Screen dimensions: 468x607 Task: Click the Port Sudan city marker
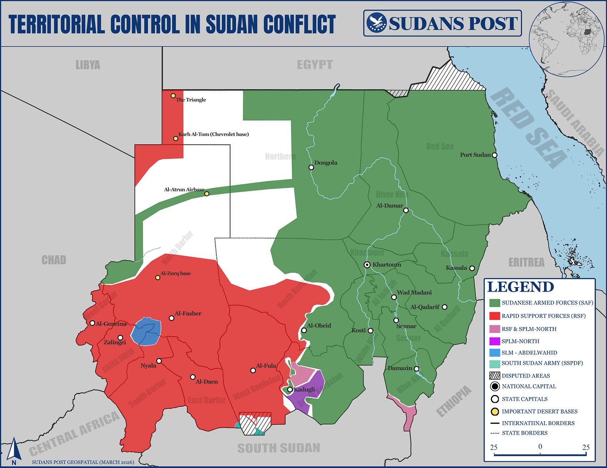click(494, 155)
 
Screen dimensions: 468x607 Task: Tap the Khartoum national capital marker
click(367, 265)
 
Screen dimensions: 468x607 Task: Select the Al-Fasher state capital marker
click(171, 318)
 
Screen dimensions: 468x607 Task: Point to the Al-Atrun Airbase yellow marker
click(207, 194)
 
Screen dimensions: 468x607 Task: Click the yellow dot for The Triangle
click(173, 96)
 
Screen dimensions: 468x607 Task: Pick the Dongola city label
click(326, 163)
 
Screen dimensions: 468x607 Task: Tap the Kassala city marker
click(472, 268)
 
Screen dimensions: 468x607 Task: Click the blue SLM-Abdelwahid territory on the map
click(146, 331)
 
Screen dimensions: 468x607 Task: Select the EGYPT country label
click(315, 65)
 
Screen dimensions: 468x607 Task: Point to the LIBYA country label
click(88, 65)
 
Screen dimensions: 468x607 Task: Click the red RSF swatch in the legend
click(494, 316)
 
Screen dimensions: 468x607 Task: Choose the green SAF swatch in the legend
click(494, 303)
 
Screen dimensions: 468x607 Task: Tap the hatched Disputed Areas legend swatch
click(494, 375)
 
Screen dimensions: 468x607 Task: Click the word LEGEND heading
click(520, 287)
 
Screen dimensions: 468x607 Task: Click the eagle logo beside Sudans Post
click(376, 23)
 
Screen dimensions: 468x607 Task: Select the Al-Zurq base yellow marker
click(158, 277)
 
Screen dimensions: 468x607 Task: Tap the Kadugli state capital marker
click(290, 390)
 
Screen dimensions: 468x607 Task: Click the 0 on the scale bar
click(540, 447)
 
